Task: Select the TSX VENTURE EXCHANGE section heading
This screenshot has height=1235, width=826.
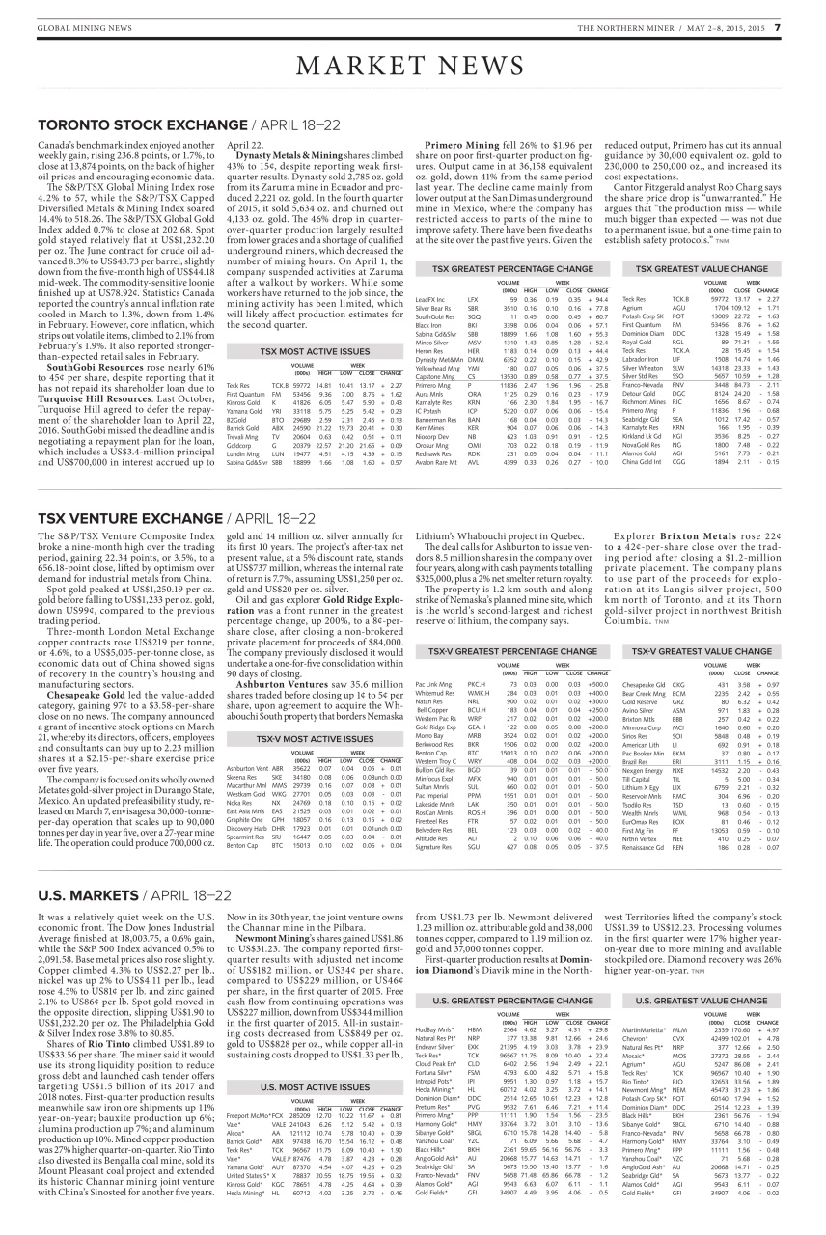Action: [x=133, y=517]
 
